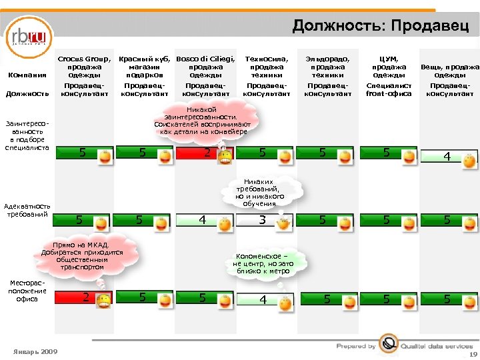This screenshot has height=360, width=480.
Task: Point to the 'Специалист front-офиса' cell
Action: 389,89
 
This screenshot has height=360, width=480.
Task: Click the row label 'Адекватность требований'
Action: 27,210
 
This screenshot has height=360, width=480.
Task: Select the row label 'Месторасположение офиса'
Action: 27,291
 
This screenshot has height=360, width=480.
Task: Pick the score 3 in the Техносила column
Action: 263,220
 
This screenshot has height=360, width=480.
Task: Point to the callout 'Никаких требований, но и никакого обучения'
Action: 263,192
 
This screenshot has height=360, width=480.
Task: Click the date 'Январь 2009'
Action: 35,351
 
